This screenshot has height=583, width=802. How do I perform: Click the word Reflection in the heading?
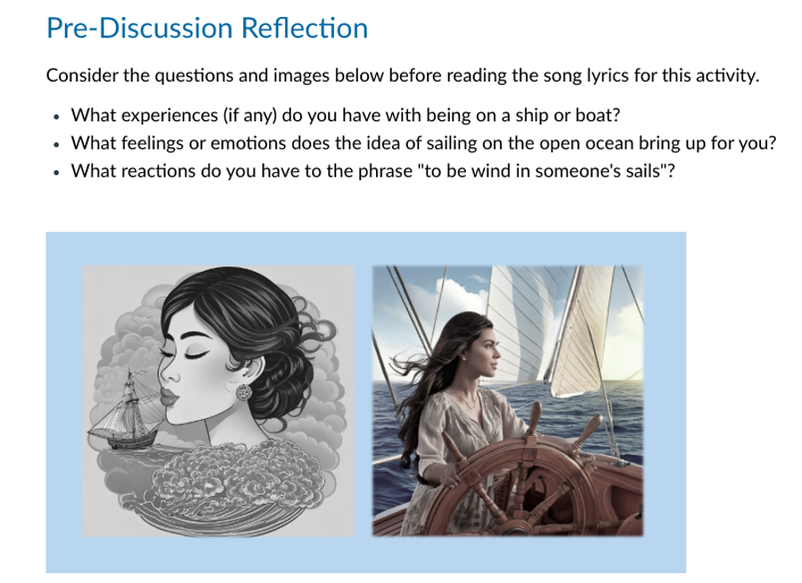(305, 28)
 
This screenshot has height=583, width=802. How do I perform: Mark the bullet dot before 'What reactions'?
(56, 173)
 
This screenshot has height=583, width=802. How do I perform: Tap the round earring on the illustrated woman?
(244, 392)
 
